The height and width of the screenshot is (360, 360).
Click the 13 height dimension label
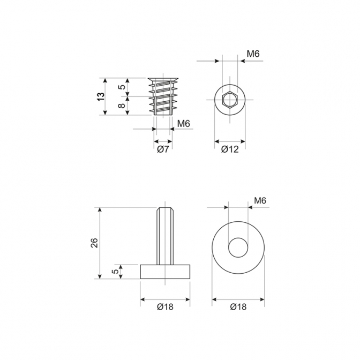click(101, 96)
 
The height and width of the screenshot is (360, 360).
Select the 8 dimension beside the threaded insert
click(122, 105)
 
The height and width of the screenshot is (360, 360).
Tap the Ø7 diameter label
click(163, 149)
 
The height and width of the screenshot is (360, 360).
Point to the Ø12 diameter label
click(230, 149)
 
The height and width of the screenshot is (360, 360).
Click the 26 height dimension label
click(94, 243)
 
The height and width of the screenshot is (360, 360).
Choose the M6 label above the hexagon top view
click(253, 54)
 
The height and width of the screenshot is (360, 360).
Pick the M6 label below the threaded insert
click(184, 124)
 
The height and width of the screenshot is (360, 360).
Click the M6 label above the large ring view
click(260, 201)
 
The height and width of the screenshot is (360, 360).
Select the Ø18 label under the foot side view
click(166, 307)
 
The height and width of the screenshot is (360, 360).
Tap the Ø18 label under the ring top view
click(238, 307)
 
